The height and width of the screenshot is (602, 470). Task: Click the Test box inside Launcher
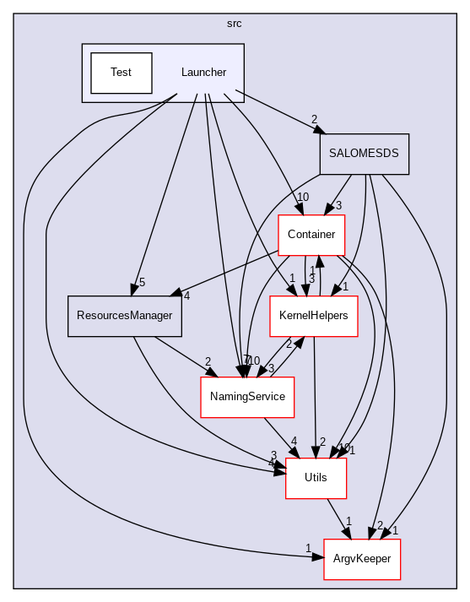pos(121,73)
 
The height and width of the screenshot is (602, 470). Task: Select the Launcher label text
pos(203,73)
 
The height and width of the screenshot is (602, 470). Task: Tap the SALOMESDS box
pos(364,155)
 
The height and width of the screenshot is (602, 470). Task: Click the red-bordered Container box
pos(311,235)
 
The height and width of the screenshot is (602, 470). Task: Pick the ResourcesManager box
pos(124,316)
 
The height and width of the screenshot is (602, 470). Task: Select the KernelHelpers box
pos(313,316)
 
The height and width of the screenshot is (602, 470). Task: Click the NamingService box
pos(246,397)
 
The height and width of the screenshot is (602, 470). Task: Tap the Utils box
pos(316,478)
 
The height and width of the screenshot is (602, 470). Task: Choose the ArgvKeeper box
pos(363,559)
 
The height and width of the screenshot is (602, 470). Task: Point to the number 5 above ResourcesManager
pos(143,282)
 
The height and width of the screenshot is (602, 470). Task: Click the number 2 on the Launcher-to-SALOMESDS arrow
pos(314,119)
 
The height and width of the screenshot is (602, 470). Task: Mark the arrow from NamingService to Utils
pos(279,436)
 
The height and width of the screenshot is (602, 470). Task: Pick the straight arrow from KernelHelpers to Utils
pos(314,397)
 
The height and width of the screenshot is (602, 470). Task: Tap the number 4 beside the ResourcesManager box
pos(186,296)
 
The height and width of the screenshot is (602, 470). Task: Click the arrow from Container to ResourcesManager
pos(228,273)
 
